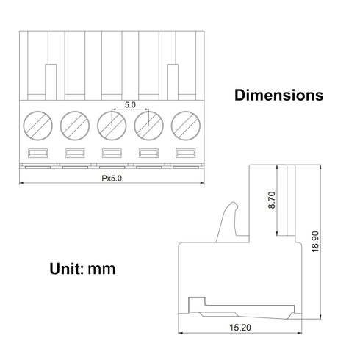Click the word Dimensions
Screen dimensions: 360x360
click(279, 95)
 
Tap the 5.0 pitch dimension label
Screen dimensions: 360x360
click(130, 105)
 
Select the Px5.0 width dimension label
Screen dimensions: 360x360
click(112, 179)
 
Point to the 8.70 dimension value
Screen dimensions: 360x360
click(272, 200)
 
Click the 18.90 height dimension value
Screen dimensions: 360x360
click(315, 242)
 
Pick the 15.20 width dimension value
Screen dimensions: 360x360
click(240, 328)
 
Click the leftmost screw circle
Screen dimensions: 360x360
click(38, 126)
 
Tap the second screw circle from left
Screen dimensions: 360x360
click(75, 126)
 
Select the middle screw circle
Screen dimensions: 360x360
click(112, 126)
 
